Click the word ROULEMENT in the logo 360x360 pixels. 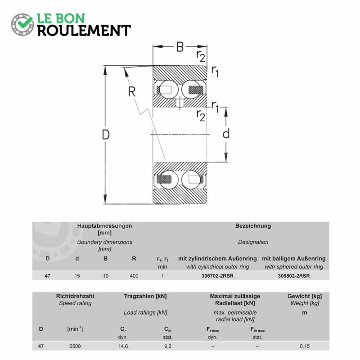click(x=84, y=31)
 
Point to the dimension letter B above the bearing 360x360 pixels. click(x=180, y=47)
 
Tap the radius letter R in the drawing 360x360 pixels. click(x=132, y=92)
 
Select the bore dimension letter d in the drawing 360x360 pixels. click(x=226, y=133)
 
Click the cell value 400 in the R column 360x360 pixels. click(x=134, y=276)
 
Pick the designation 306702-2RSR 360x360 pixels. click(x=217, y=276)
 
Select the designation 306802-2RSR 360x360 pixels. click(x=294, y=276)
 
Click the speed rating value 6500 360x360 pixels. click(x=75, y=346)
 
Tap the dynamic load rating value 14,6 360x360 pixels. click(x=123, y=346)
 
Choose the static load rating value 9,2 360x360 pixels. click(x=168, y=346)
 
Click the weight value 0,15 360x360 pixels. click(x=305, y=346)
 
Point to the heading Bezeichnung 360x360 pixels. click(x=253, y=226)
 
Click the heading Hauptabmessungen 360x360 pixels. click(x=104, y=226)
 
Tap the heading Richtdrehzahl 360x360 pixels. click(x=75, y=296)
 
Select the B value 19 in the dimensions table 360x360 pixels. click(x=106, y=276)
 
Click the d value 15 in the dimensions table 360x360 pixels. click(x=77, y=276)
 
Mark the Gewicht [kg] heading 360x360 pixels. click(x=305, y=297)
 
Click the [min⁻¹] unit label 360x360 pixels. click(x=75, y=329)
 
